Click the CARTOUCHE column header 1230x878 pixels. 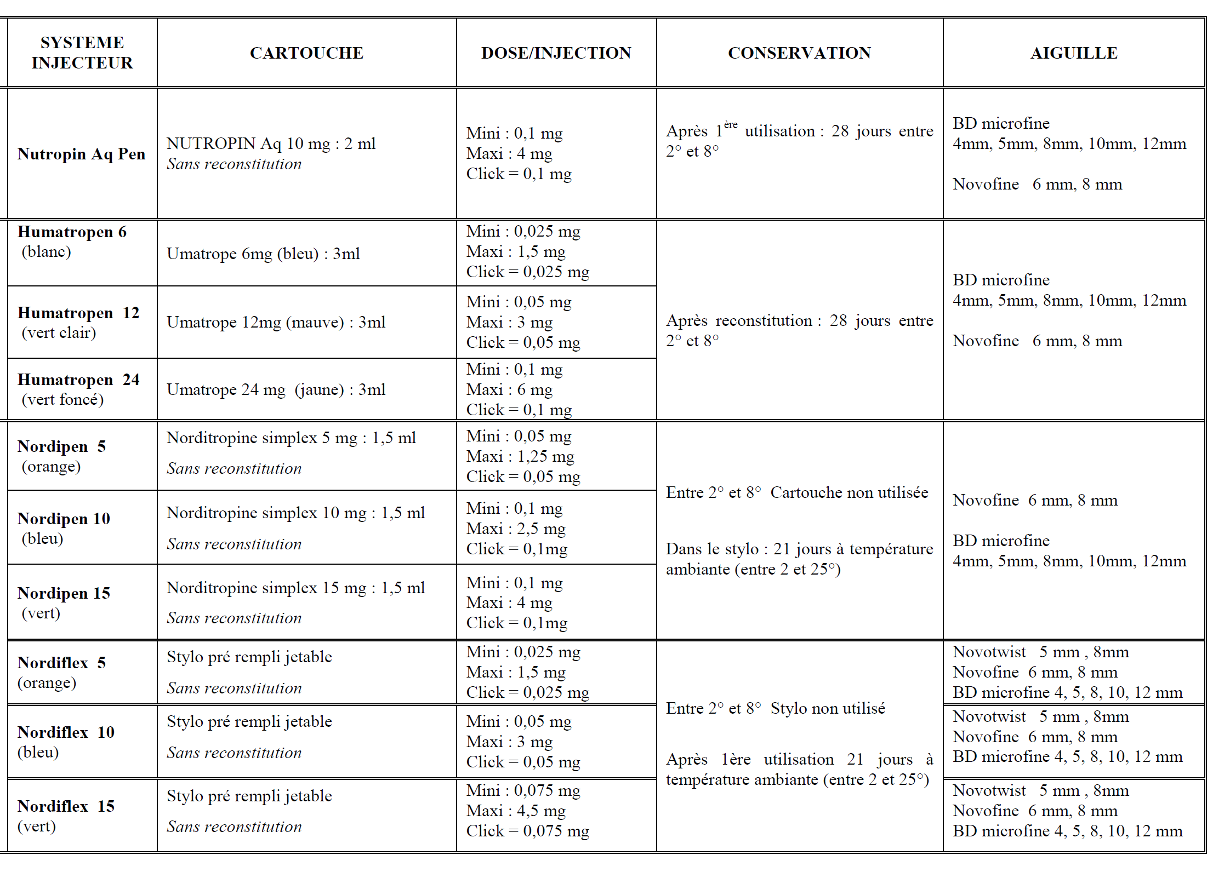tap(306, 53)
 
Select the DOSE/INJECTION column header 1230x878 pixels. tap(556, 53)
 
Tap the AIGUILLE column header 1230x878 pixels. tap(1073, 53)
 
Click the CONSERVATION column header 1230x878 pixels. tap(799, 53)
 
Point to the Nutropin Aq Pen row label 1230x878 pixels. tap(81, 154)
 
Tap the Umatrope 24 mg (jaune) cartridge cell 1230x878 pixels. tap(276, 389)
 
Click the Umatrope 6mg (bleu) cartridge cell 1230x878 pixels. tap(263, 254)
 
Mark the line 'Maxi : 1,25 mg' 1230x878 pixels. tap(520, 456)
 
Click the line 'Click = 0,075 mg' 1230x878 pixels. tap(527, 831)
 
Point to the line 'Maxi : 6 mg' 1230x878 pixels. tap(509, 389)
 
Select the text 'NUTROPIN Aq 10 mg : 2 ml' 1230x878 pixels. tap(271, 144)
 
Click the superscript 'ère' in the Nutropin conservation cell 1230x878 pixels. tap(730, 125)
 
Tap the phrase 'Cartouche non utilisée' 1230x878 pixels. tap(849, 492)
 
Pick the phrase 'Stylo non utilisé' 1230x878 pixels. tap(827, 708)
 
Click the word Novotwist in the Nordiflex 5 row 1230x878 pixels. tap(989, 652)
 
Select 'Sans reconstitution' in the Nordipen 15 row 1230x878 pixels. tap(234, 618)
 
